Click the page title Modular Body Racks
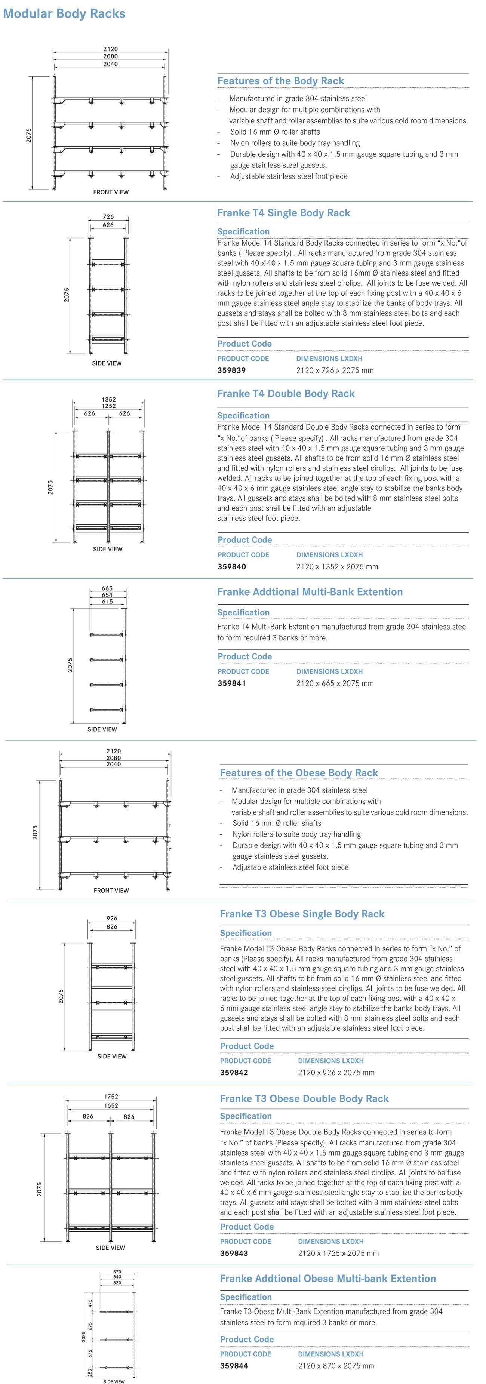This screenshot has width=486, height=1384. [x=64, y=14]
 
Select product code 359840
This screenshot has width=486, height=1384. [x=231, y=566]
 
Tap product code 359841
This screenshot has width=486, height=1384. [x=231, y=683]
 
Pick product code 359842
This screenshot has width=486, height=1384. [x=234, y=1072]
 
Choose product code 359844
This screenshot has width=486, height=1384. [x=234, y=1365]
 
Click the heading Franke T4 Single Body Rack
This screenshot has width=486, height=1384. [x=283, y=213]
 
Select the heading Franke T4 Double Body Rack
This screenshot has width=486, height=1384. [x=286, y=393]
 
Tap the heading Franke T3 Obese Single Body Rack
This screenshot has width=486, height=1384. [x=302, y=914]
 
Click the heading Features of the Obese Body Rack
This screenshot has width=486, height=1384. [x=299, y=773]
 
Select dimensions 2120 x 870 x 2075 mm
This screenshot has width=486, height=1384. [x=336, y=1365]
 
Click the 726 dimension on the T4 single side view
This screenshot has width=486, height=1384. [x=108, y=216]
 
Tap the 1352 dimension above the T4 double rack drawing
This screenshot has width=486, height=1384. [x=108, y=399]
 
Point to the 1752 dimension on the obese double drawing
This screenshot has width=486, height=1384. [x=111, y=1097]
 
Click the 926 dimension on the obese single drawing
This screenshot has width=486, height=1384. [x=112, y=918]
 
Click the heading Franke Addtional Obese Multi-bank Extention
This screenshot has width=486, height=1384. [x=327, y=1279]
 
